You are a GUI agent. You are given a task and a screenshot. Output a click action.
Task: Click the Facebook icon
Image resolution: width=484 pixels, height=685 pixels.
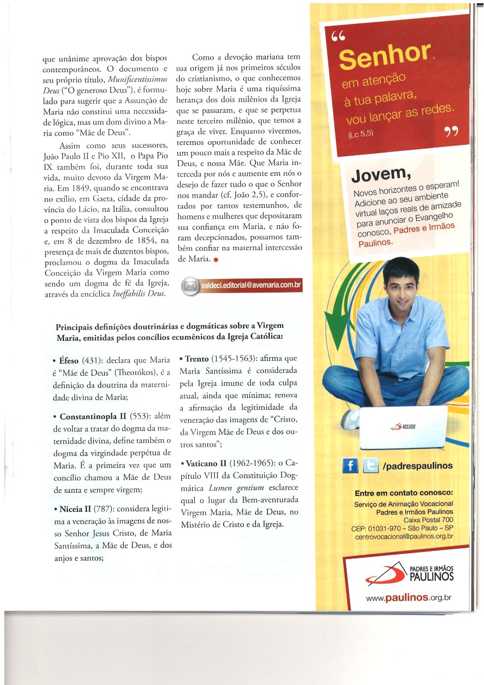pyautogui.click(x=351, y=466)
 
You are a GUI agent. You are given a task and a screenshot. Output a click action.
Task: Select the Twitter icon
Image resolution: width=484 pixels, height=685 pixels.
pyautogui.click(x=371, y=466)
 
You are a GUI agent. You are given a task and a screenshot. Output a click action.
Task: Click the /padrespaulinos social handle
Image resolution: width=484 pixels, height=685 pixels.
pyautogui.click(x=418, y=466)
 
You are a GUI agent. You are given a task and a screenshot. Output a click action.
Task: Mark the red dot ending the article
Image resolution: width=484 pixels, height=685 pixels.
pyautogui.click(x=215, y=259)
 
